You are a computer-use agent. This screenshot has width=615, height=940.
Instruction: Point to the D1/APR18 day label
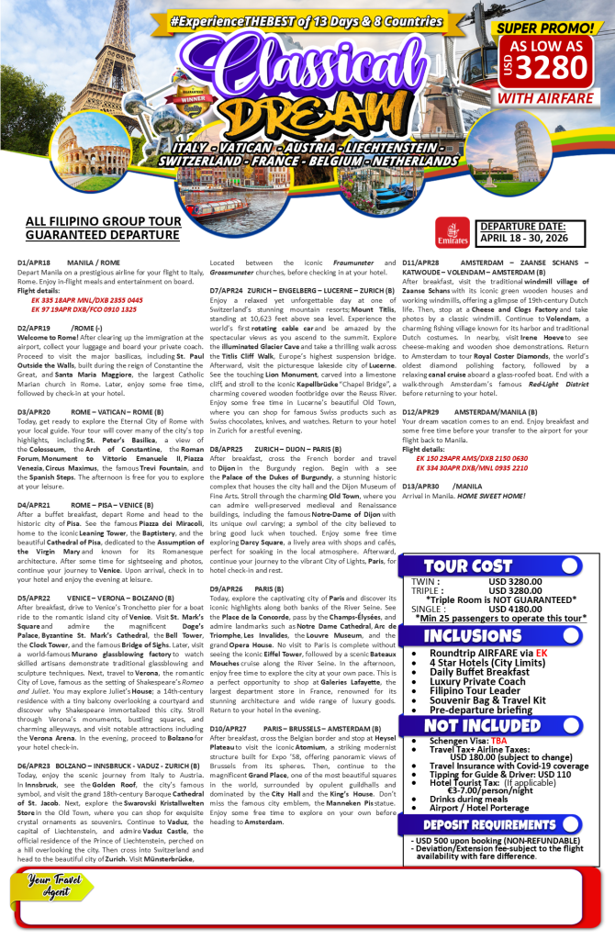tap(35, 263)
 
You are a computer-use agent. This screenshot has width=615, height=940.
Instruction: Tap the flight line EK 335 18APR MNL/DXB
tap(87, 299)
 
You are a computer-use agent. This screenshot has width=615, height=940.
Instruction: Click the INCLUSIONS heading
tap(473, 636)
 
